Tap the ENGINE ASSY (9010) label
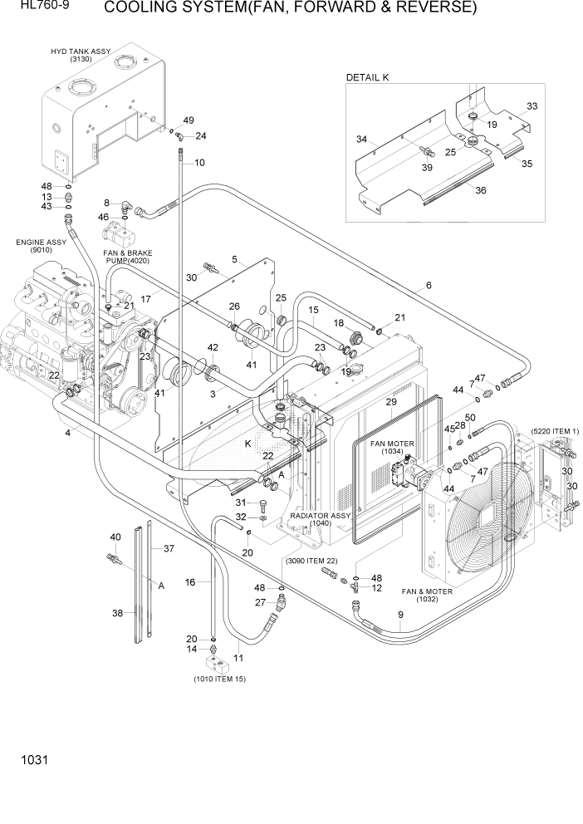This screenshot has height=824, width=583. click(x=41, y=246)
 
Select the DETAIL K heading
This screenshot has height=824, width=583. click(x=367, y=77)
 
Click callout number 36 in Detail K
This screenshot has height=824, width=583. click(x=480, y=190)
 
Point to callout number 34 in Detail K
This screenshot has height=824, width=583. click(x=361, y=139)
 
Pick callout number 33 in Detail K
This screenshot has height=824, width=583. click(x=532, y=106)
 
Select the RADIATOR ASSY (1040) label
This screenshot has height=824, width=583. click(x=321, y=520)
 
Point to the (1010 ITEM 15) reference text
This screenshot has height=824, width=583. click(x=219, y=679)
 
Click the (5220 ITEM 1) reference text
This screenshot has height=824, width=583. click(x=554, y=430)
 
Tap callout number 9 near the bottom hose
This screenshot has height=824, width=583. click(x=399, y=615)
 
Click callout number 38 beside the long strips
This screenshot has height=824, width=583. click(x=118, y=613)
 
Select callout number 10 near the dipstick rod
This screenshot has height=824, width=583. click(x=199, y=161)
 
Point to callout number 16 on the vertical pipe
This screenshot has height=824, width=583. click(x=190, y=582)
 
